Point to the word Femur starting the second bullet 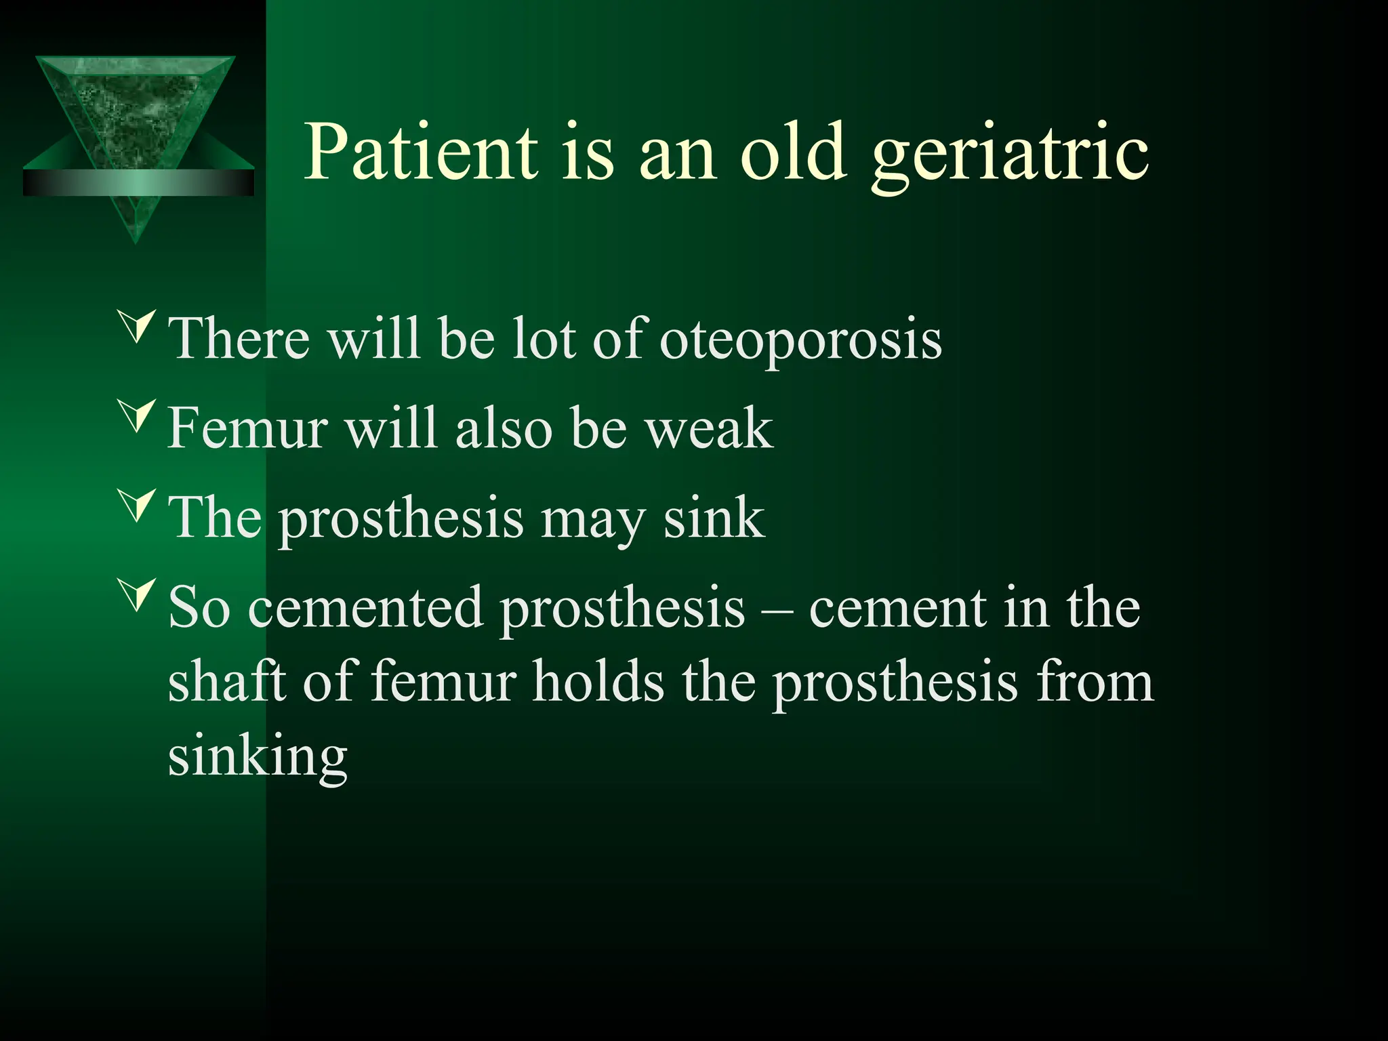coord(248,428)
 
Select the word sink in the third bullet coord(713,518)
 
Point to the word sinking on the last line coord(258,758)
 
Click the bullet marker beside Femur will coord(138,415)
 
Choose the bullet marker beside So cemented coord(138,594)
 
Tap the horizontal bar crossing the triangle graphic coord(138,183)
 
